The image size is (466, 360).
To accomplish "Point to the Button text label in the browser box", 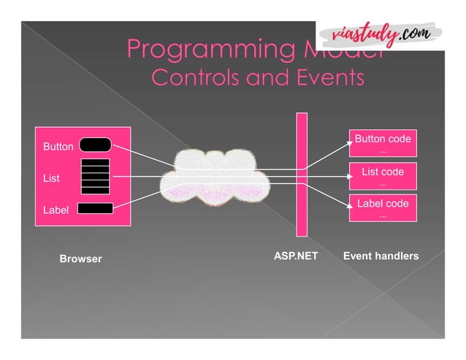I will pos(58,147).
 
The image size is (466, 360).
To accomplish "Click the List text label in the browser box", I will pos(52,178).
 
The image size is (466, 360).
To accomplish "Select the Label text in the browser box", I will pos(56,210).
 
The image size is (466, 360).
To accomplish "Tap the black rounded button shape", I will pos(95,145).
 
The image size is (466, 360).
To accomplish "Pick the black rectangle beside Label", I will pos(95,209).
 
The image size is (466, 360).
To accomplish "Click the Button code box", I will pos(383,144).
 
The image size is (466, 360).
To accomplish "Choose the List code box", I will pos(383,177).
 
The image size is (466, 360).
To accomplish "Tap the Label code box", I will pos(383,208).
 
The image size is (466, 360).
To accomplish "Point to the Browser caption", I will pos(80,259).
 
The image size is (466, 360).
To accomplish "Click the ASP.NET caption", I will pos(296,256).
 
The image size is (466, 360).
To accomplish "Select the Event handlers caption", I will pos(381,256).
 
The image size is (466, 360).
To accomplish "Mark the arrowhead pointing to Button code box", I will pos(346,145).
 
